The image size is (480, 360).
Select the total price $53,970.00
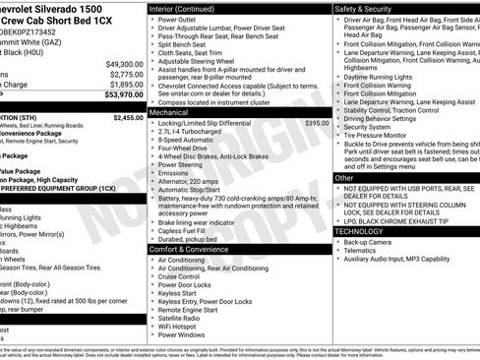pos(121,94)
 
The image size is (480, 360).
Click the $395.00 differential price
pos(317,124)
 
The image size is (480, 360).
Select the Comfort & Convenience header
pos(197,249)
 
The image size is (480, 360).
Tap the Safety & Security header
pos(363,8)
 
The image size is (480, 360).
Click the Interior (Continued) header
pos(188,8)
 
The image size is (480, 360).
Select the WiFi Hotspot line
pos(183,325)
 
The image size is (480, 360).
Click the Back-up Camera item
pos(370,241)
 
